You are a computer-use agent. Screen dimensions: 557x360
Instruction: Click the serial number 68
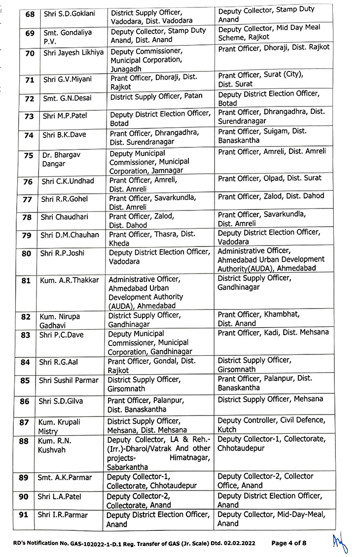point(30,14)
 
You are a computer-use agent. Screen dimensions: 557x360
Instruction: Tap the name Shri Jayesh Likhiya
point(70,52)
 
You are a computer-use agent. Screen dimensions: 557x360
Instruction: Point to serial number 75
point(29,155)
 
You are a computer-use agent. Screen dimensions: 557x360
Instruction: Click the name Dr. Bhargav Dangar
point(61,159)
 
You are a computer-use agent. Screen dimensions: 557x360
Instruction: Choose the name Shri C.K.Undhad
point(68,181)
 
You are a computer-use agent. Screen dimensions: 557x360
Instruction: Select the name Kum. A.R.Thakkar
point(69,280)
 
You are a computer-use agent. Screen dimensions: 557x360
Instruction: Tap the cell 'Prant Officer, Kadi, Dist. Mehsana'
point(273,333)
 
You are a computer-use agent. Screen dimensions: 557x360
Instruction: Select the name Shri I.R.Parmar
point(63,515)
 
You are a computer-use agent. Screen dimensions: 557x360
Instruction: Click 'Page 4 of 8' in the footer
point(288,543)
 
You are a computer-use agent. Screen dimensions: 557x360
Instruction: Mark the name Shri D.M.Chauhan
point(70,235)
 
